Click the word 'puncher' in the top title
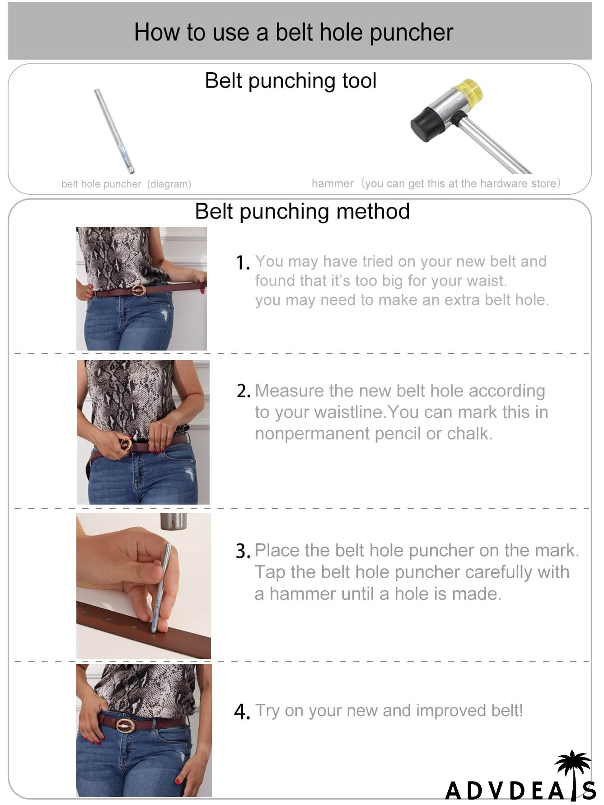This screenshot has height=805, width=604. [412, 33]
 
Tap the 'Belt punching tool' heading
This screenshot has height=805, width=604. [290, 81]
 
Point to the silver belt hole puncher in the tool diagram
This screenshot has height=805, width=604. [114, 131]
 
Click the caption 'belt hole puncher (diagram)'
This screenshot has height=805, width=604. [126, 184]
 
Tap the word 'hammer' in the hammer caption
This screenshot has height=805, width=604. [332, 183]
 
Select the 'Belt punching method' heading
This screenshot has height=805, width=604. [302, 211]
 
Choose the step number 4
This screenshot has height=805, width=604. [242, 712]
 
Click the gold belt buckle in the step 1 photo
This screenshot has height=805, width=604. [139, 290]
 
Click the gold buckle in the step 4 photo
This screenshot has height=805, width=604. [125, 725]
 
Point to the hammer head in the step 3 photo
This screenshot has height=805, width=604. [173, 521]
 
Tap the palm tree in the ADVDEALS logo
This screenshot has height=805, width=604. [573, 768]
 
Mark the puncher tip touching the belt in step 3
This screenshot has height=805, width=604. [154, 630]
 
